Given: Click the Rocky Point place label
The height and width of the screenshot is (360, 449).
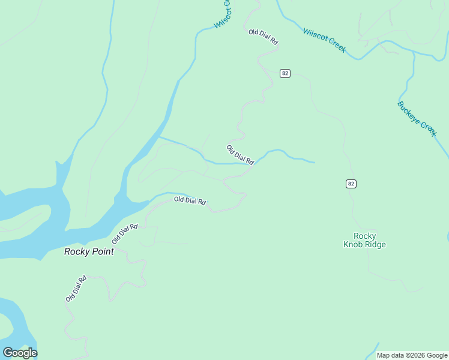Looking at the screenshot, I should coord(89,252).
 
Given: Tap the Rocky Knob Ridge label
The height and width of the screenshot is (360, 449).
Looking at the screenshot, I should coord(364,240).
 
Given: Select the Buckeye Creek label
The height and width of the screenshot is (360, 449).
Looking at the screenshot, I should coord(417,119).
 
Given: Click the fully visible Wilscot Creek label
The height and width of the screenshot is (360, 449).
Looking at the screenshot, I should coord(324,40).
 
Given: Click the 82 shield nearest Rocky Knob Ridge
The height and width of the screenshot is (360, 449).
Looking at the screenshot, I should coord(351,184).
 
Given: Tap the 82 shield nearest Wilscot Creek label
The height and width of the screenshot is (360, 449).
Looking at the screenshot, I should coord(285,73).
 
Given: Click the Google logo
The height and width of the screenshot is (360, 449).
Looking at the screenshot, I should coord(20,353).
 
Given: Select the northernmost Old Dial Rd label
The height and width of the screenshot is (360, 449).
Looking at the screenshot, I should coord(264,37).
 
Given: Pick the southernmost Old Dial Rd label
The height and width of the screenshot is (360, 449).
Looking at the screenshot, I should coord(76,289).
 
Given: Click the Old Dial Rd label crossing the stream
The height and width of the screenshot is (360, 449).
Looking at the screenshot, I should coord(241,155).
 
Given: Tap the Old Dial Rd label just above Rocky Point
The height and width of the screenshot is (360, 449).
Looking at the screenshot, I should coord(125,233).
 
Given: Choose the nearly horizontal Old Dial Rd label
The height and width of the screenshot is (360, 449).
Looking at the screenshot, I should coord(190,200).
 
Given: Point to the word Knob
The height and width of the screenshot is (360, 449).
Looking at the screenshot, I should coord(354,244).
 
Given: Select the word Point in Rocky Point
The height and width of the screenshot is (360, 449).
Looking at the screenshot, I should coord(103,252).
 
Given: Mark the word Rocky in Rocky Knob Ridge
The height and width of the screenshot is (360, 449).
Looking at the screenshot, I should coord(364,236).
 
